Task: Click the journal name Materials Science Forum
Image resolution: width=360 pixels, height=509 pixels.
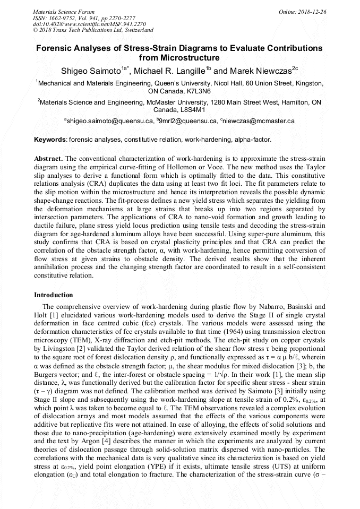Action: point(64,12)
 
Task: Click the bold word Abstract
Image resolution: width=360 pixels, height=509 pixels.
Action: point(48,159)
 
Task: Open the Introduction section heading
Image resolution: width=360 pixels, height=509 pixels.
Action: point(54,295)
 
